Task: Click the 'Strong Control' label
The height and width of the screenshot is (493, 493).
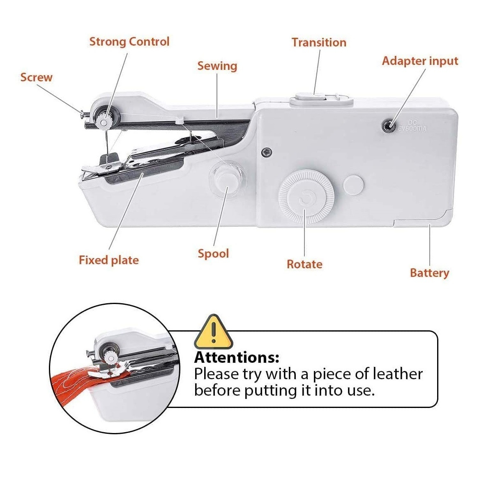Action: [129, 42]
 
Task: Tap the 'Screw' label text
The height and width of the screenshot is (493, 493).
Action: [36, 77]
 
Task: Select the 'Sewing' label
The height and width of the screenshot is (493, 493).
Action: [217, 66]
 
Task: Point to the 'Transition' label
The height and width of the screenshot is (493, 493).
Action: [319, 42]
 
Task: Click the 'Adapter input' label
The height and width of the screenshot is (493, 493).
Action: [420, 61]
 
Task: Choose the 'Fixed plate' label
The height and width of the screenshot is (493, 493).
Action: [109, 260]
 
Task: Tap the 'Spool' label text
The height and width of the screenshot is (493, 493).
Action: [213, 254]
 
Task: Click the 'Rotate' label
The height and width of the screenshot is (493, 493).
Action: [304, 264]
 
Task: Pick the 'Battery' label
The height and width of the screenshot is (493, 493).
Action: [430, 273]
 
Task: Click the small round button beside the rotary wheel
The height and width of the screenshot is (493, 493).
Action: [354, 184]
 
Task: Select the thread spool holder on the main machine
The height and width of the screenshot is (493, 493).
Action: [227, 179]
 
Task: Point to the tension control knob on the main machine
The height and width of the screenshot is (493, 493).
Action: [104, 119]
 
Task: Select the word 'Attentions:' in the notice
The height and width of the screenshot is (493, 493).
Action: [237, 357]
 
